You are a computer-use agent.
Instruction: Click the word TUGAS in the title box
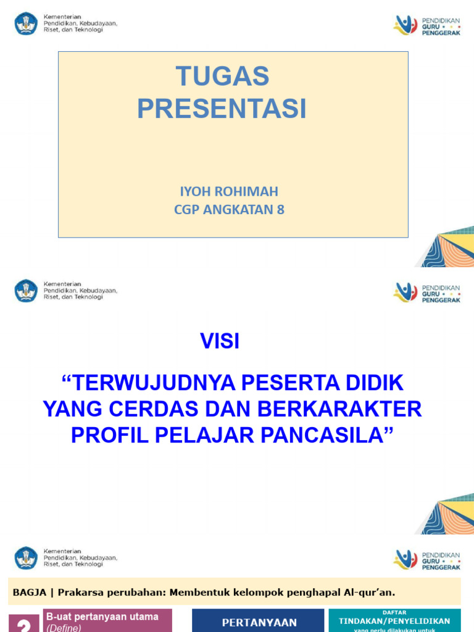coord(223,77)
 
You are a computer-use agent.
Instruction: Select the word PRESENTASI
coord(222,109)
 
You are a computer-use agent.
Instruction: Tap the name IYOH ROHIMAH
coord(229,191)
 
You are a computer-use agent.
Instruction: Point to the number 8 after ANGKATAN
coord(281,210)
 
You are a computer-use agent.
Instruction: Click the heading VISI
coord(220,341)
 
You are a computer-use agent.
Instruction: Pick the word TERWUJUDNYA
coord(154,383)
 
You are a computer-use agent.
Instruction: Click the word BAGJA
coord(29,592)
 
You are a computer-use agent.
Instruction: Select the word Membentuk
coord(197,592)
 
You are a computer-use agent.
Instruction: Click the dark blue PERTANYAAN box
coord(258,621)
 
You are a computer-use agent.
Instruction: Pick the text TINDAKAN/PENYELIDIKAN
coord(394,621)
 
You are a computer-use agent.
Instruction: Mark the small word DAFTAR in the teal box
coord(394,613)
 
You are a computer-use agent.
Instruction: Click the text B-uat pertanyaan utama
coord(102,617)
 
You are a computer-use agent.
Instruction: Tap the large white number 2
coord(24,625)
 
